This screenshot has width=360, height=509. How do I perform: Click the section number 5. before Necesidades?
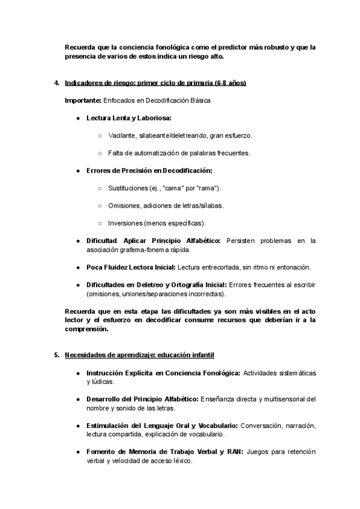tap(56, 355)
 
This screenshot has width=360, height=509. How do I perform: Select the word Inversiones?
tap(125, 223)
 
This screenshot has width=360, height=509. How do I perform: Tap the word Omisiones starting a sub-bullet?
tap(124, 206)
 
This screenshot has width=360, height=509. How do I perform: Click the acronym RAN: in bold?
tap(233, 451)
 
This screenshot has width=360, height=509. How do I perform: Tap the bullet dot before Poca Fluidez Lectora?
tap(79, 267)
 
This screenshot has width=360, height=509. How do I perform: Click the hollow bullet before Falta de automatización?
tap(100, 153)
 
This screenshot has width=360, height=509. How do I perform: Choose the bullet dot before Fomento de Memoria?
tap(79, 451)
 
